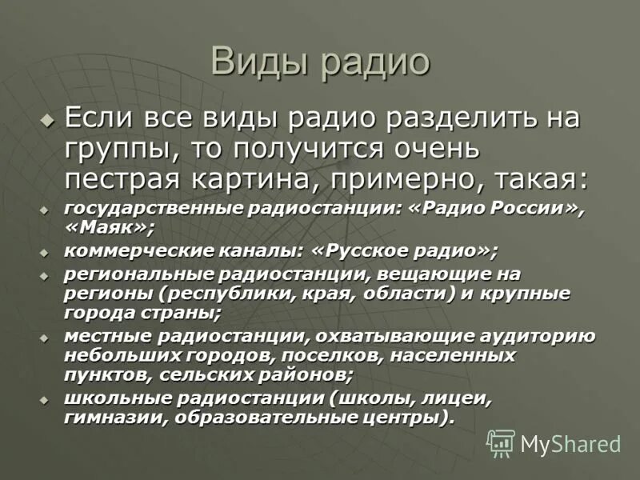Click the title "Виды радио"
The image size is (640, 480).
pyautogui.click(x=320, y=63)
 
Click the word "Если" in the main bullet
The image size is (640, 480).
pyautogui.click(x=97, y=121)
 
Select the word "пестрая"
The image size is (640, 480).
pyautogui.click(x=116, y=176)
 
